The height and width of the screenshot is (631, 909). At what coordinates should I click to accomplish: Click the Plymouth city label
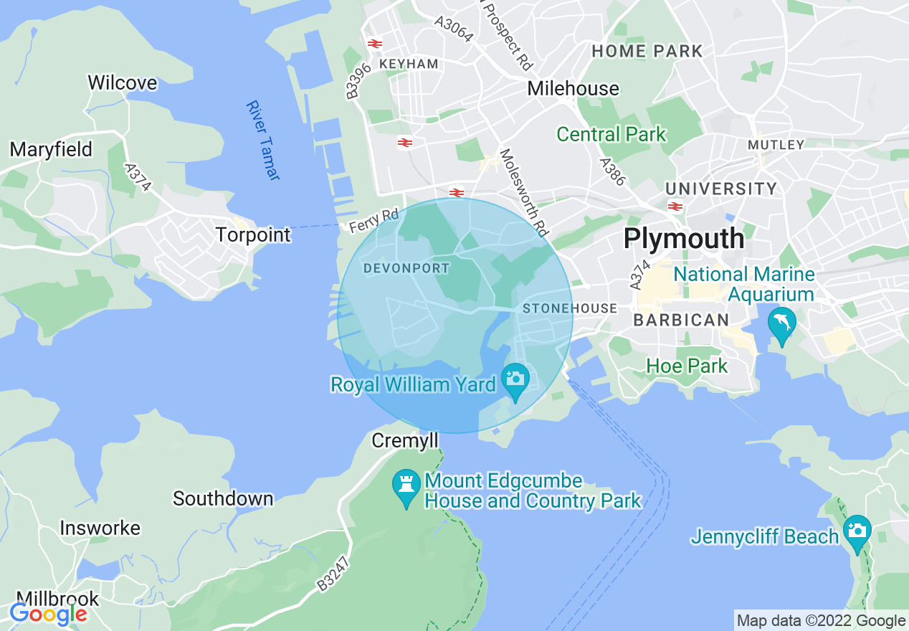point(684,239)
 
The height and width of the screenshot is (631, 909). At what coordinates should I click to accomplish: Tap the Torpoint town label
point(253,234)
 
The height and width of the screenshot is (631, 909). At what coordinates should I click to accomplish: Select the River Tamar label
point(262,140)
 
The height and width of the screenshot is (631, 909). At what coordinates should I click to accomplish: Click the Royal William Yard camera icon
point(515,378)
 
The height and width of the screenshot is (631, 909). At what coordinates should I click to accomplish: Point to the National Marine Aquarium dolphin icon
point(781,323)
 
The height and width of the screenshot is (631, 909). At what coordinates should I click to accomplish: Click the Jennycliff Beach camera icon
point(857,531)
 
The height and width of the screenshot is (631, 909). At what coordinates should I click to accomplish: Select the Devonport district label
point(406,268)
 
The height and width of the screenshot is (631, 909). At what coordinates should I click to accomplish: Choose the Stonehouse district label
point(569,308)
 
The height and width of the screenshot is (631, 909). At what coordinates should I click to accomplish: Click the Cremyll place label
point(404,440)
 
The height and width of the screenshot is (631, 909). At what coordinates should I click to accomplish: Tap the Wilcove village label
point(122,83)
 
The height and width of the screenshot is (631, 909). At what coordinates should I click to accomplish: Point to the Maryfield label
point(51,149)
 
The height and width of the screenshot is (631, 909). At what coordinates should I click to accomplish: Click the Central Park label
point(611,134)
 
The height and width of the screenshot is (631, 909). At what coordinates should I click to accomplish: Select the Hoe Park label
point(687,366)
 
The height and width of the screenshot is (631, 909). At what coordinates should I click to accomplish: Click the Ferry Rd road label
point(373,221)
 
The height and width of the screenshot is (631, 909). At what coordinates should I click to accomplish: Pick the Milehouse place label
point(573,88)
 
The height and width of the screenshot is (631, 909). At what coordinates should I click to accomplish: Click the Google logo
point(48,614)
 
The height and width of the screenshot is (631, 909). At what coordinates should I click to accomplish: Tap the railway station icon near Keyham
point(374,44)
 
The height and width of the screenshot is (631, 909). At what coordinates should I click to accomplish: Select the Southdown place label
point(223,498)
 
